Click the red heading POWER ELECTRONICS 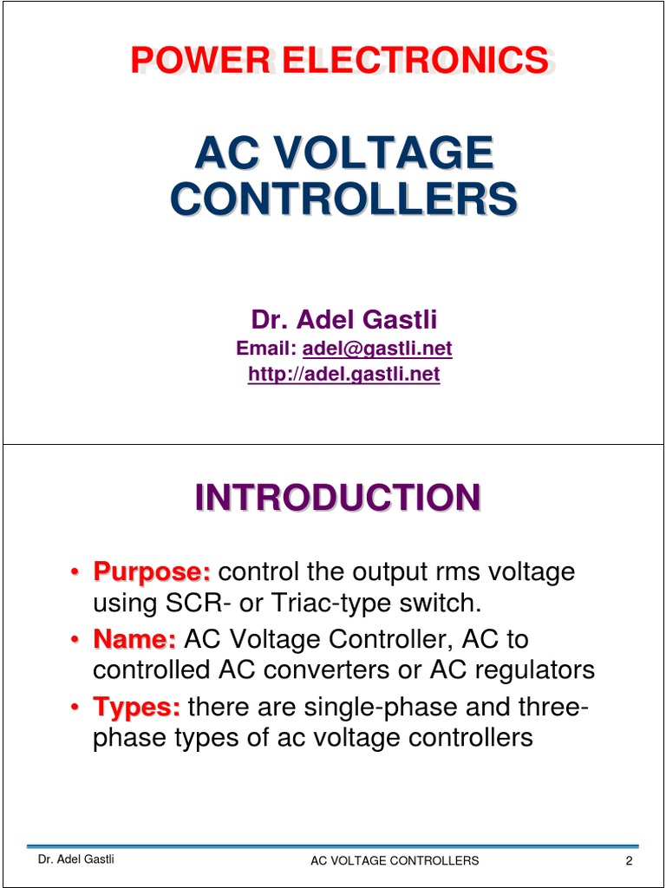click(x=339, y=61)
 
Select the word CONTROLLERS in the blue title click(x=343, y=199)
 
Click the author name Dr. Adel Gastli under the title click(x=344, y=320)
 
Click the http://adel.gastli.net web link click(x=344, y=375)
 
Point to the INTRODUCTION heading click(x=337, y=499)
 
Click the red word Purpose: click(x=153, y=572)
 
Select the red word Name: click(x=135, y=640)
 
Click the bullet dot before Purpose click(x=75, y=573)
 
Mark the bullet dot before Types click(x=75, y=708)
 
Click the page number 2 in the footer click(x=629, y=861)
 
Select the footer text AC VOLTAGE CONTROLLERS click(x=395, y=861)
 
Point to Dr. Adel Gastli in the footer click(x=75, y=859)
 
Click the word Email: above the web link click(x=266, y=349)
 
